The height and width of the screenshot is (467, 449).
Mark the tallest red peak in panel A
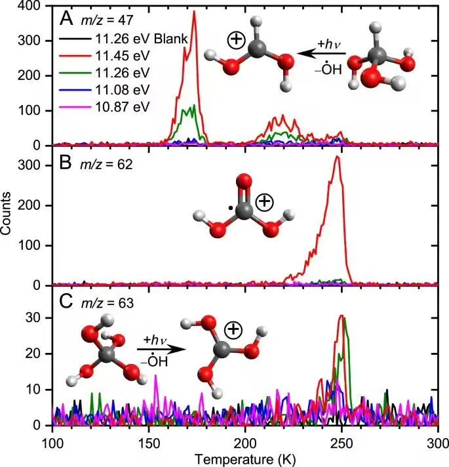194,12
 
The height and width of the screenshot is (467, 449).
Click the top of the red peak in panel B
337,156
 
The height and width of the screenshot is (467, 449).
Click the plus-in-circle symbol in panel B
264,202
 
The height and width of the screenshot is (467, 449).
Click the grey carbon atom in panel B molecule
243,211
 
